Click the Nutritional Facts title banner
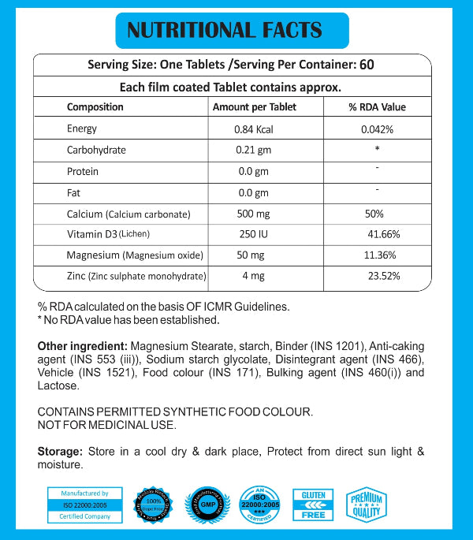click(x=225, y=30)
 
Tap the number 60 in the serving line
click(x=366, y=65)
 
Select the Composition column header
click(x=95, y=107)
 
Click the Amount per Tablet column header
click(x=255, y=107)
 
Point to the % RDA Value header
click(x=377, y=107)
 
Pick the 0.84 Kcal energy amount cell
click(x=253, y=129)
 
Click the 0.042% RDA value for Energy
click(x=377, y=129)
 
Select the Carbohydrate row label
click(x=96, y=150)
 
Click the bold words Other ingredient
click(x=83, y=346)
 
